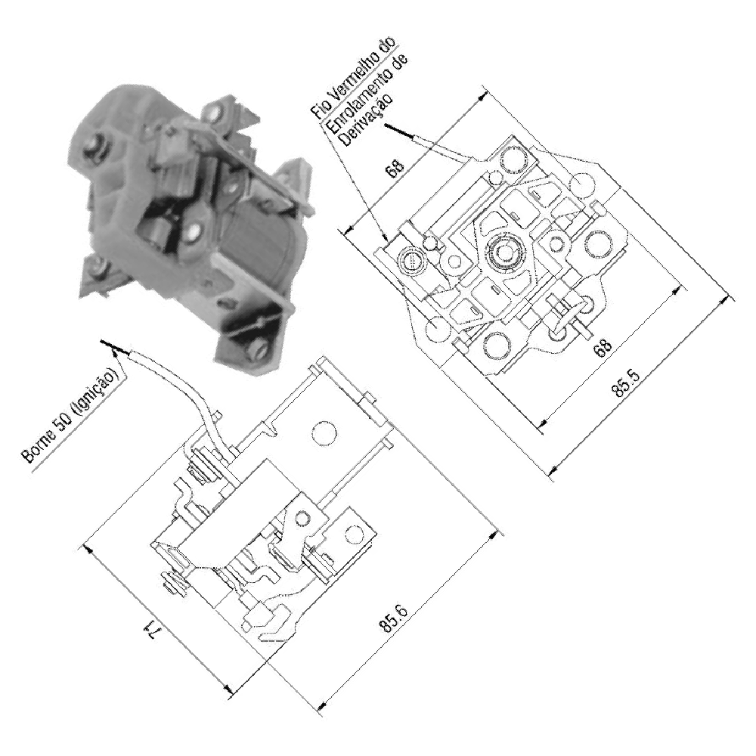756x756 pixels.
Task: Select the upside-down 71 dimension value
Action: coord(150,631)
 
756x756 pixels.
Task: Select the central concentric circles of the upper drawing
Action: coord(505,250)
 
